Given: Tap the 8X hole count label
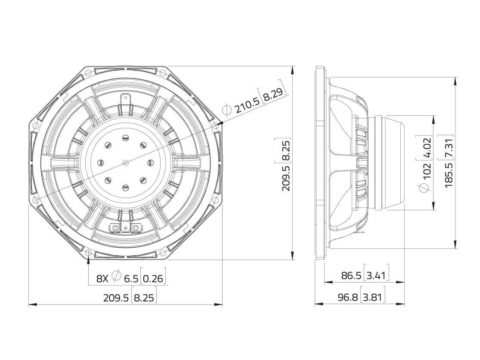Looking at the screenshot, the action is pos(102,279).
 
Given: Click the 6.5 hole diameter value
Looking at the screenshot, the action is pos(131,279).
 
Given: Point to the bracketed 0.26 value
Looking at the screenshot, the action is pos(153,279).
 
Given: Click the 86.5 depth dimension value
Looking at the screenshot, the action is pos(351,276).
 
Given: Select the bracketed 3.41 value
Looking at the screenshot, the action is pos(376,276).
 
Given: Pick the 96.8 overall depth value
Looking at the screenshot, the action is pos(348,297).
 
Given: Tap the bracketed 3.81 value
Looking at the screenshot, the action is pos(372,297).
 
